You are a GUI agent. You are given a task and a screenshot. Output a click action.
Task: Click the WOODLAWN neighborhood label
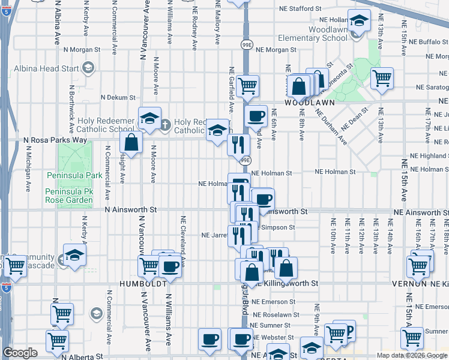[x=309, y=103]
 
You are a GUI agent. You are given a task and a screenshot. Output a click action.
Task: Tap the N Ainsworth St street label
[x=130, y=210]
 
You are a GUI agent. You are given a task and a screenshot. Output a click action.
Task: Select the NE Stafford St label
[x=305, y=9]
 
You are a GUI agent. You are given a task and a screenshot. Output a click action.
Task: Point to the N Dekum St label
[x=118, y=97]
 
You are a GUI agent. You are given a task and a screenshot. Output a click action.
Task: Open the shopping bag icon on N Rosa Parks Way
[x=130, y=143]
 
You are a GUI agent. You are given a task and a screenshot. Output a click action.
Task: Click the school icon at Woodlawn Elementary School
[x=359, y=22]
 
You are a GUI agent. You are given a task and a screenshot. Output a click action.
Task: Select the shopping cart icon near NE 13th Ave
[x=382, y=77]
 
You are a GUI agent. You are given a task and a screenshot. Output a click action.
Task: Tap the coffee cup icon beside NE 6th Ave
[x=256, y=115]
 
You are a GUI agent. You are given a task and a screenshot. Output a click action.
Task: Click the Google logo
[x=20, y=353]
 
